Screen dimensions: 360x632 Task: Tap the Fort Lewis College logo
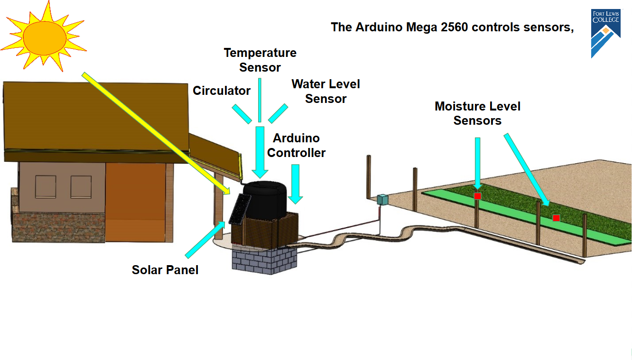[605, 33]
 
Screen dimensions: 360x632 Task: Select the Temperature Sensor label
[260, 60]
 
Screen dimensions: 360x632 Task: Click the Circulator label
[222, 91]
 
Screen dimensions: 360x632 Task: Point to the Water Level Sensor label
[325, 91]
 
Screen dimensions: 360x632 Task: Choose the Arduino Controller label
[296, 146]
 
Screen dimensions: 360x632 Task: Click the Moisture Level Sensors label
[477, 113]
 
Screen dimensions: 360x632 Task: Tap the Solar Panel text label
[165, 270]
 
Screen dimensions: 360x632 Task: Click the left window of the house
[46, 187]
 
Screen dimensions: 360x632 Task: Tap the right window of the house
[81, 187]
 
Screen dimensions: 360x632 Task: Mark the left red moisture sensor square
[478, 196]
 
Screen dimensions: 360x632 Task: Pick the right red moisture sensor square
[556, 218]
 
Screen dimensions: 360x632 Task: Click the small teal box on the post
[382, 200]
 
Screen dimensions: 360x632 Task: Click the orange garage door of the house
[135, 202]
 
